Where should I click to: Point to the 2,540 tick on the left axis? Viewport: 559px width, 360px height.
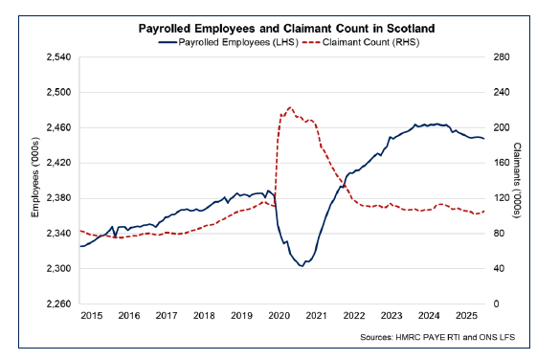[x=58, y=57]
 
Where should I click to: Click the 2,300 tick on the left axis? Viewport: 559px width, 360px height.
[x=58, y=269]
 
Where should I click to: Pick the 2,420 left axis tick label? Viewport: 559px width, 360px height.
[x=58, y=163]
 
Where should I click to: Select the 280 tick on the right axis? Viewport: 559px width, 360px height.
[x=503, y=57]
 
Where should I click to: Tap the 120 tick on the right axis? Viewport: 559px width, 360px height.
[x=503, y=198]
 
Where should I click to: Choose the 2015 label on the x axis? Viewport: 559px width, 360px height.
[x=92, y=315]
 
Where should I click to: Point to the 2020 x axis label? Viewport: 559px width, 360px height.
[x=279, y=315]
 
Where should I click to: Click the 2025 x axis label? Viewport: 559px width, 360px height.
[x=465, y=315]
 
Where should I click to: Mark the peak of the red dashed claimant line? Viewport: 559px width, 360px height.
[x=289, y=108]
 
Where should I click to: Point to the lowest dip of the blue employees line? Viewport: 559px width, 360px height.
[x=302, y=265]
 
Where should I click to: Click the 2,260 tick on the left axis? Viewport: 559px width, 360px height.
[x=58, y=304]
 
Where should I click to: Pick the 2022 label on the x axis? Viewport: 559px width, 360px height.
[x=353, y=315]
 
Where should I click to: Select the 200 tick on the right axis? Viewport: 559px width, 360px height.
[x=503, y=128]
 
